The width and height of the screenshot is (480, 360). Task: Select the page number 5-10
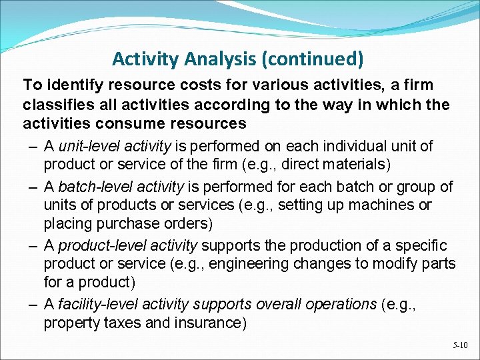pyautogui.click(x=460, y=345)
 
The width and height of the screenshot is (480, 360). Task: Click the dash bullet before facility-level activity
pyautogui.click(x=32, y=305)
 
